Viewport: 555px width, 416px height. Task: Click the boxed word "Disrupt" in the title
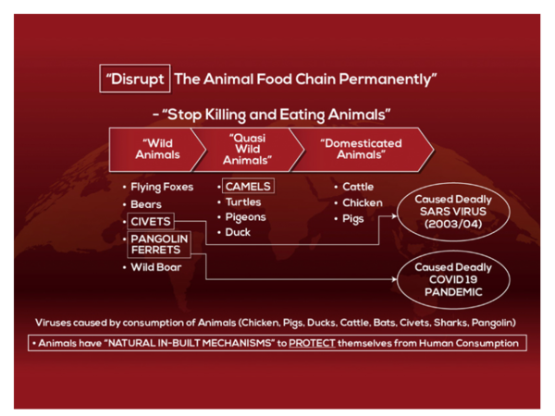coord(135,79)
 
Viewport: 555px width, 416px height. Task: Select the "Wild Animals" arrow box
coord(157,150)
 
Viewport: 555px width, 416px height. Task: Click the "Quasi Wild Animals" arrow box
coord(248,150)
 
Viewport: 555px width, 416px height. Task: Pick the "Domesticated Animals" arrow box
coord(361,150)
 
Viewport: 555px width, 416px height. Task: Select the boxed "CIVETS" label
coord(151,222)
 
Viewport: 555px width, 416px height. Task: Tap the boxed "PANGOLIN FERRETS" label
coord(159,244)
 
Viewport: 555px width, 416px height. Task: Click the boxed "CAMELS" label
coord(248,186)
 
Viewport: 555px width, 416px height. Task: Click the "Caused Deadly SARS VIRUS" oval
coord(453,212)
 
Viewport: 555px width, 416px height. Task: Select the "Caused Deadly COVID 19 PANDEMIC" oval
coord(453,279)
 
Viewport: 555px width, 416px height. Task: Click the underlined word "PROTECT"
coord(312,343)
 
